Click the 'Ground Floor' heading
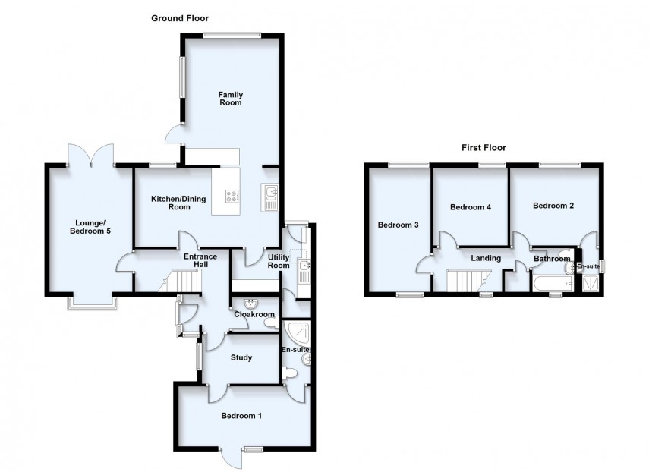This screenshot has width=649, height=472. pos(180,18)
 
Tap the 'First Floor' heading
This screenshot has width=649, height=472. pos(484,148)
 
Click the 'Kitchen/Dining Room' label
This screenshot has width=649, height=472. pos(170,203)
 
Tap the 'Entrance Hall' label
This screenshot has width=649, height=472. pos(200,261)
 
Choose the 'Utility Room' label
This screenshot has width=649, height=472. pos(279,261)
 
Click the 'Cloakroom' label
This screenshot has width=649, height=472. pos(254,314)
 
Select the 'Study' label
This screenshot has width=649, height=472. pos(241,357)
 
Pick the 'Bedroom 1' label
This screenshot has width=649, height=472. pos(241,415)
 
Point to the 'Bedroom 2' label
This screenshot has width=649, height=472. pos(553,206)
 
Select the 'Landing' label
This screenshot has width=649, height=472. pos(486,258)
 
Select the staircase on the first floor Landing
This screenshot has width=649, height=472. pos(462,282)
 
